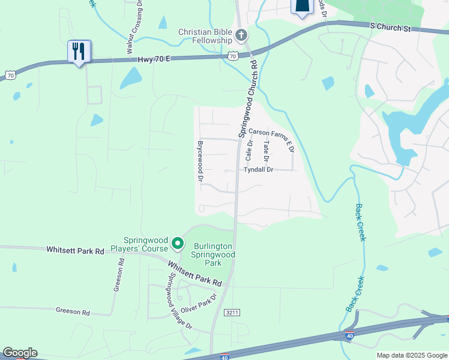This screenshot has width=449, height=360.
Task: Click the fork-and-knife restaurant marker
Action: (79, 52)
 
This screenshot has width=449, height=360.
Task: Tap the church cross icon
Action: (241, 35)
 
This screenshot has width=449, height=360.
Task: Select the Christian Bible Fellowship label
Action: (205, 36)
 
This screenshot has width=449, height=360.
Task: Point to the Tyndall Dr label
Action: (259, 170)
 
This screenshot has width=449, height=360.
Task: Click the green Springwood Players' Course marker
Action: (177, 244)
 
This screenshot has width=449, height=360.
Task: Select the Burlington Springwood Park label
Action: (214, 254)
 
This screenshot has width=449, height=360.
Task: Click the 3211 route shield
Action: (232, 313)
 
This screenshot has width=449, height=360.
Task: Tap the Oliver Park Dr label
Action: (198, 307)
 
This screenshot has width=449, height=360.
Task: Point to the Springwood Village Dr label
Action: (179, 302)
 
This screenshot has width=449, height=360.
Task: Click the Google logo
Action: (20, 353)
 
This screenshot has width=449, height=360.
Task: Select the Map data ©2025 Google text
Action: (411, 355)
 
